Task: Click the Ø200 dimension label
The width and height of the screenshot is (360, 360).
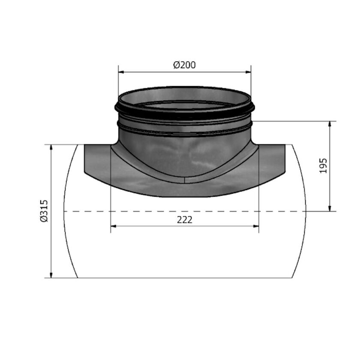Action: pyautogui.click(x=184, y=65)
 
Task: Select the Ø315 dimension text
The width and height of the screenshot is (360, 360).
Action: pyautogui.click(x=44, y=211)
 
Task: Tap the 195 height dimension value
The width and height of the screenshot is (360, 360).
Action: pyautogui.click(x=323, y=165)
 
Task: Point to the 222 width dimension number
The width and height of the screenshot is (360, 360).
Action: pyautogui.click(x=184, y=219)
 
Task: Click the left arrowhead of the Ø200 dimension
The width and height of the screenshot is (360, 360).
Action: pyautogui.click(x=121, y=72)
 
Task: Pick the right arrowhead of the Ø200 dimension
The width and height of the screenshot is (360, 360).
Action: pyautogui.click(x=248, y=72)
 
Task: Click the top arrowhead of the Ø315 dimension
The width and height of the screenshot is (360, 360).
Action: pyautogui.click(x=51, y=147)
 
